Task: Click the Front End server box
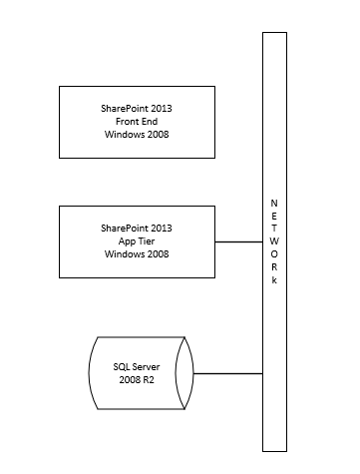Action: point(137,121)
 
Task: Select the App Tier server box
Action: point(137,241)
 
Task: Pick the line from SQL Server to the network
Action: point(226,372)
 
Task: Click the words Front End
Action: point(138,121)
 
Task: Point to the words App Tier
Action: point(138,241)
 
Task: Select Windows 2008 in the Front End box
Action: point(138,134)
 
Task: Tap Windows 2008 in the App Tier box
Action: point(138,254)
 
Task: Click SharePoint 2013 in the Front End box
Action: point(138,108)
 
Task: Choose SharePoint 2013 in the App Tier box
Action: point(138,229)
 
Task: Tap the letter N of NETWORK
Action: point(274,203)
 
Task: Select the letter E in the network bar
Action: point(274,216)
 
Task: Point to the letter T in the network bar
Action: point(274,229)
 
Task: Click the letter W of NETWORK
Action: point(274,241)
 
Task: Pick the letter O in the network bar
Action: point(274,254)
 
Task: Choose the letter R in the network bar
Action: point(274,267)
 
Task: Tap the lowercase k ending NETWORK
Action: point(274,280)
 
